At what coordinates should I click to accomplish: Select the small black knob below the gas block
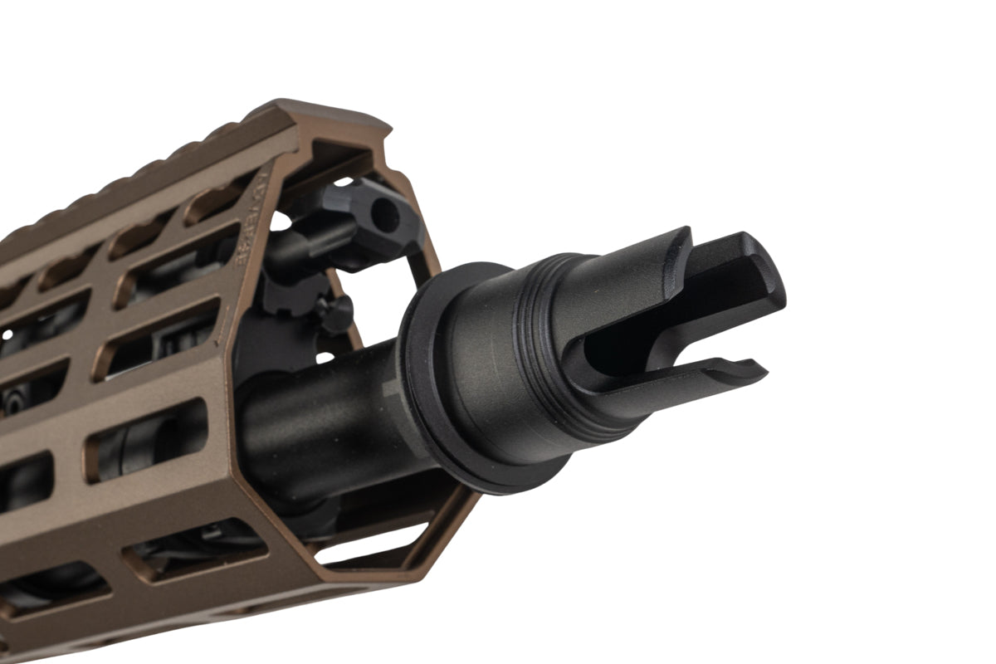pyautogui.click(x=336, y=315)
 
